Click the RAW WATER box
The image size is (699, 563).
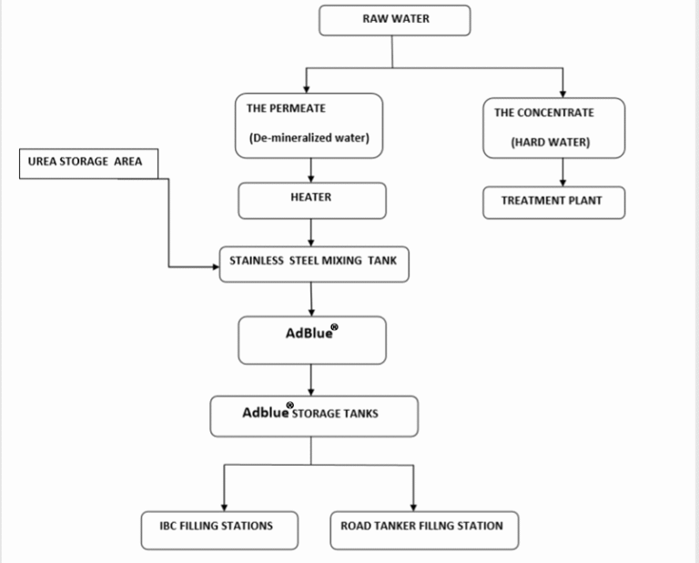(394, 21)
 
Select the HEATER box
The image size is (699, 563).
(312, 200)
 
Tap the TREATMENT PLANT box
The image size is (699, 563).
(553, 203)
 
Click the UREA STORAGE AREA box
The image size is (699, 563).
(88, 164)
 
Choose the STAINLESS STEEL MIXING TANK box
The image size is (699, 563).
(314, 264)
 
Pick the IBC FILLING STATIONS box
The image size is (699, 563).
(219, 530)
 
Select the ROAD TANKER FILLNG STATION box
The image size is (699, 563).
(424, 530)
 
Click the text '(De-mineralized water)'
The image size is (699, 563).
(309, 138)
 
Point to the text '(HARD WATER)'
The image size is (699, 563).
(550, 143)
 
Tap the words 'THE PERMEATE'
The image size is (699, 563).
(286, 108)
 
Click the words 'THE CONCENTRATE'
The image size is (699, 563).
(544, 113)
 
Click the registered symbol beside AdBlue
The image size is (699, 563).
(334, 327)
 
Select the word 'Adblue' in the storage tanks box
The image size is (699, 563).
(265, 413)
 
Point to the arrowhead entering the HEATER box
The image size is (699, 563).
(310, 179)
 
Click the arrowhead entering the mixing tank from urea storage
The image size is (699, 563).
(216, 266)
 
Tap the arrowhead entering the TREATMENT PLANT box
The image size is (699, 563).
(562, 183)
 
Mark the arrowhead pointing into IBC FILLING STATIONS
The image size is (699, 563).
(224, 508)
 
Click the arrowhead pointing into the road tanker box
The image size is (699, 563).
(413, 508)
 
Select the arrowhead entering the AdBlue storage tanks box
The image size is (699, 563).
(310, 392)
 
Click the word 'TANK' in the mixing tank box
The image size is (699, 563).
(382, 260)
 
